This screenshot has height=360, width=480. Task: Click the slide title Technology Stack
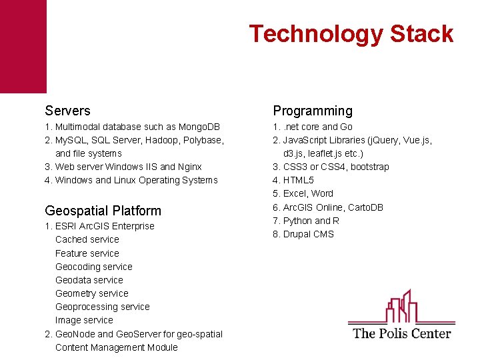(351, 34)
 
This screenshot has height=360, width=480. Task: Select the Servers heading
(67, 111)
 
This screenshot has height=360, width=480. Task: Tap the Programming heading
(313, 111)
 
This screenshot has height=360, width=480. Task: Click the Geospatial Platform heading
(103, 211)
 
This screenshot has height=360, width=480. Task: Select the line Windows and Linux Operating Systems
(131, 180)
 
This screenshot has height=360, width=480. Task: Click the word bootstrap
(369, 167)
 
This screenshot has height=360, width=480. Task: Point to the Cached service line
(87, 239)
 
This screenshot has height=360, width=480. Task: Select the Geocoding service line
(94, 267)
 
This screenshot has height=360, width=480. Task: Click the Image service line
(84, 320)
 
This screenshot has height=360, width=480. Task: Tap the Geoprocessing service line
(103, 307)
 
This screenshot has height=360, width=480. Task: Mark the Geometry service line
(92, 293)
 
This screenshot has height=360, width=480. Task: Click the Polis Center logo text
(401, 333)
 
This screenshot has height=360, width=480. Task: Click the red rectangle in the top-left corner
(23, 46)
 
